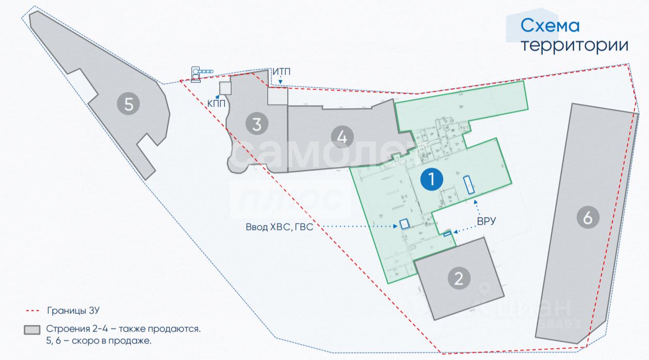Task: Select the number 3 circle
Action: coord(256,124)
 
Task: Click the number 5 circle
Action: coord(128,105)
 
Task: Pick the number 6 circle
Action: coord(588,218)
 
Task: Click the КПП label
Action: coord(216,104)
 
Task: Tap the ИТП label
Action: coord(281,72)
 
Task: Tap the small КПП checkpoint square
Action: coord(225,88)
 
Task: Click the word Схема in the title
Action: coord(550,26)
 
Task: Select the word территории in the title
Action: coord(574,45)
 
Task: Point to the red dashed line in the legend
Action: coord(32,311)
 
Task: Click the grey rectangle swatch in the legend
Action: coord(32,329)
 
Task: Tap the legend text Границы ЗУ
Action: coord(73,311)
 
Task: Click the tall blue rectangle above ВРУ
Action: coord(469,185)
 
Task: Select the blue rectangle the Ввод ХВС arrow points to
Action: coord(404,224)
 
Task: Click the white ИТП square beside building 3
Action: coord(277,95)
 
